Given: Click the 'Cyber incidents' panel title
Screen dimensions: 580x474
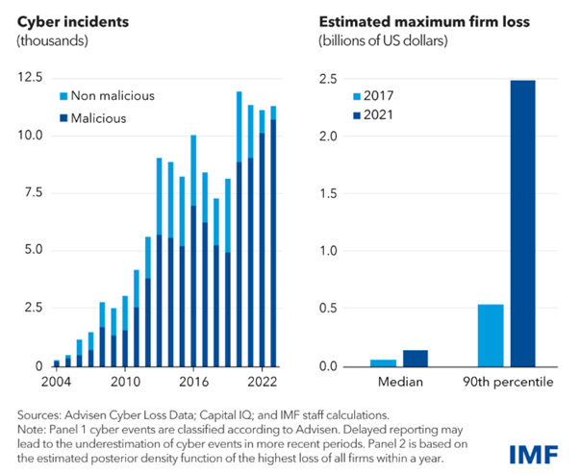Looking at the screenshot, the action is tap(73, 22).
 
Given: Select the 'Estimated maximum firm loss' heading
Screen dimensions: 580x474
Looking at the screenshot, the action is tap(424, 22).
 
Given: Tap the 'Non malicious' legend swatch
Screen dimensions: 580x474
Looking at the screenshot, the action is tap(63, 96).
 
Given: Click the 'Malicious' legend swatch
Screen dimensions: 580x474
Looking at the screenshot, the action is tap(63, 118).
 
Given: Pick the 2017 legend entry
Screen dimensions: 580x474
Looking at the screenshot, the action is tap(373, 96).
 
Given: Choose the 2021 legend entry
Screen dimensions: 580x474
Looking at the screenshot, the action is tap(373, 115).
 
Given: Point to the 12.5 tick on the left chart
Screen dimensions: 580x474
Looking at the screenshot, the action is tap(31, 78).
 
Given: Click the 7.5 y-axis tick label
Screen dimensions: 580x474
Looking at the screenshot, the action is tap(34, 192).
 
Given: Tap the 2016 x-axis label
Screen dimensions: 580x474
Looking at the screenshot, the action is tap(194, 382).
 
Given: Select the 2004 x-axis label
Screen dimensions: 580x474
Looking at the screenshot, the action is tap(56, 382).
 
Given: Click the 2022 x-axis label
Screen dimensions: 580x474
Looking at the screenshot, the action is tap(263, 382).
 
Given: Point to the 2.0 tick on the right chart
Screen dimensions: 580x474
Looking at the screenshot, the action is tap(328, 137).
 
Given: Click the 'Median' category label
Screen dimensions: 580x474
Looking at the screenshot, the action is tap(400, 382).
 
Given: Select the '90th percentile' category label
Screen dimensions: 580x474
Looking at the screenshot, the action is tap(508, 382).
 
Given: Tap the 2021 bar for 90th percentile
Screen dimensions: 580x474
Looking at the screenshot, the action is tap(522, 223).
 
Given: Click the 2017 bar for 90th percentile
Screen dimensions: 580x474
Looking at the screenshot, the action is tap(491, 336).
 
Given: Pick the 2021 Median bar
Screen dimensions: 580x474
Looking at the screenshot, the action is tap(416, 359).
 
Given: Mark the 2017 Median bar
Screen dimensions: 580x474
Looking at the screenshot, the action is tap(383, 363).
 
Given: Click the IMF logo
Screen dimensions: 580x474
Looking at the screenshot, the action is tap(534, 455).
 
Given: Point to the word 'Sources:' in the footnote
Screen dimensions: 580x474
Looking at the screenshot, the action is tap(39, 415).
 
